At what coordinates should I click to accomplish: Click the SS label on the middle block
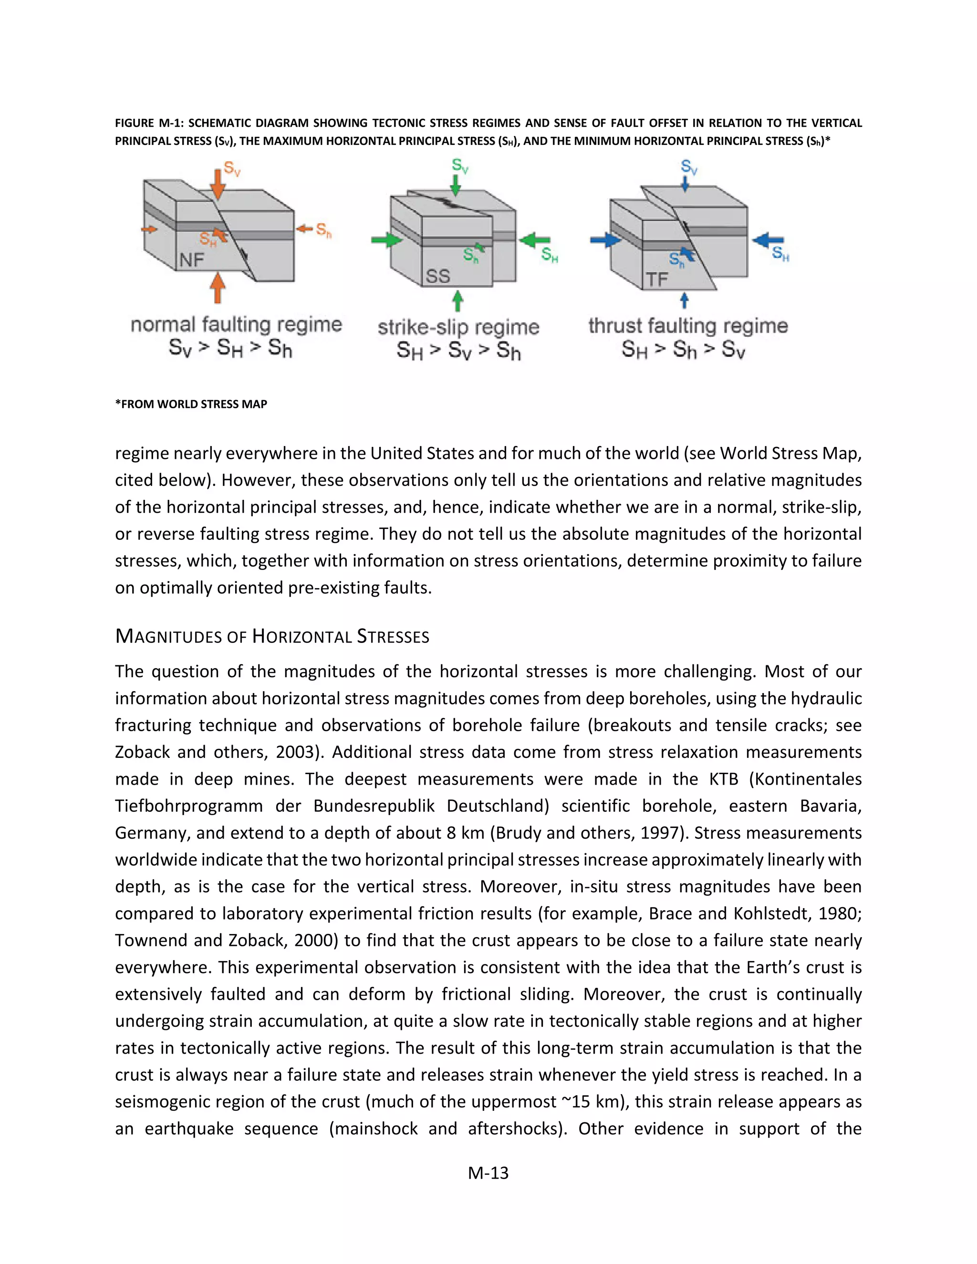[x=437, y=276]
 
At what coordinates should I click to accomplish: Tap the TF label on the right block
[x=657, y=280]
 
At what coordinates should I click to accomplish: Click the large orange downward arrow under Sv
[x=217, y=185]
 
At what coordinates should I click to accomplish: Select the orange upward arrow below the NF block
[x=217, y=288]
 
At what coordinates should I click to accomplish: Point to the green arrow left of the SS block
[x=386, y=239]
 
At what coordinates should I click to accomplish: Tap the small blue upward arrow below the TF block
[x=684, y=300]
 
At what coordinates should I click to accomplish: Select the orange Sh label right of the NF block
[x=323, y=230]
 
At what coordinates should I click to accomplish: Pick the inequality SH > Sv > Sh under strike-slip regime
[x=458, y=351]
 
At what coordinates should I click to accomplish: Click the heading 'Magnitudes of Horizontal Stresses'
[x=272, y=637]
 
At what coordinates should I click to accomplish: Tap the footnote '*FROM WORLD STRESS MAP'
[x=191, y=404]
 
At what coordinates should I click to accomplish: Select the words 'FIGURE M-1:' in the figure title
[x=149, y=123]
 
